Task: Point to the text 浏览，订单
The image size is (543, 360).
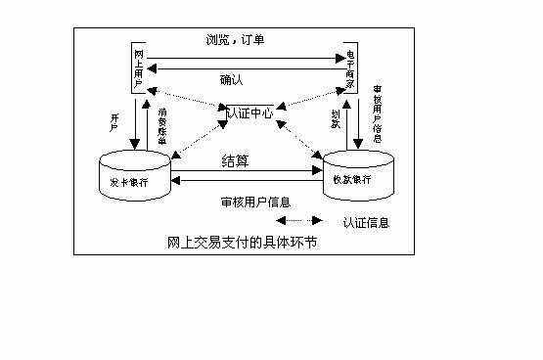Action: click(x=236, y=40)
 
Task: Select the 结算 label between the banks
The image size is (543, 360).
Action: click(x=236, y=160)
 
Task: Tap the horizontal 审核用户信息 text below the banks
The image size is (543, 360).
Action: click(x=255, y=202)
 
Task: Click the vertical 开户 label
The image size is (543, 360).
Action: click(x=114, y=121)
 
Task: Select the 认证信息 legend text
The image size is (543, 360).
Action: click(x=367, y=223)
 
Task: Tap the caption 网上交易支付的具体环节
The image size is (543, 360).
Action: click(x=244, y=242)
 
